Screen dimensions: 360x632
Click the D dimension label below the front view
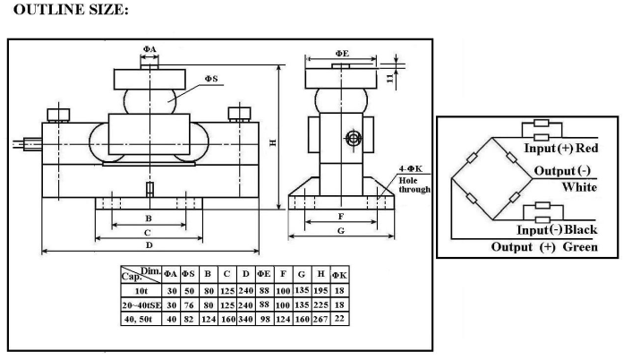pos(148,244)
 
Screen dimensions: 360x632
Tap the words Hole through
pos(415,184)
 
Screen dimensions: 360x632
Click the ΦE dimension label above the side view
pos(342,54)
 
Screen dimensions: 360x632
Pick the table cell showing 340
pos(243,321)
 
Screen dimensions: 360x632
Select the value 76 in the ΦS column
pos(186,306)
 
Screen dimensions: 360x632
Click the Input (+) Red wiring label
pos(560,147)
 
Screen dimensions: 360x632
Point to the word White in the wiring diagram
pos(580,187)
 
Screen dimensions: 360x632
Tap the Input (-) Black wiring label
pos(561,230)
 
